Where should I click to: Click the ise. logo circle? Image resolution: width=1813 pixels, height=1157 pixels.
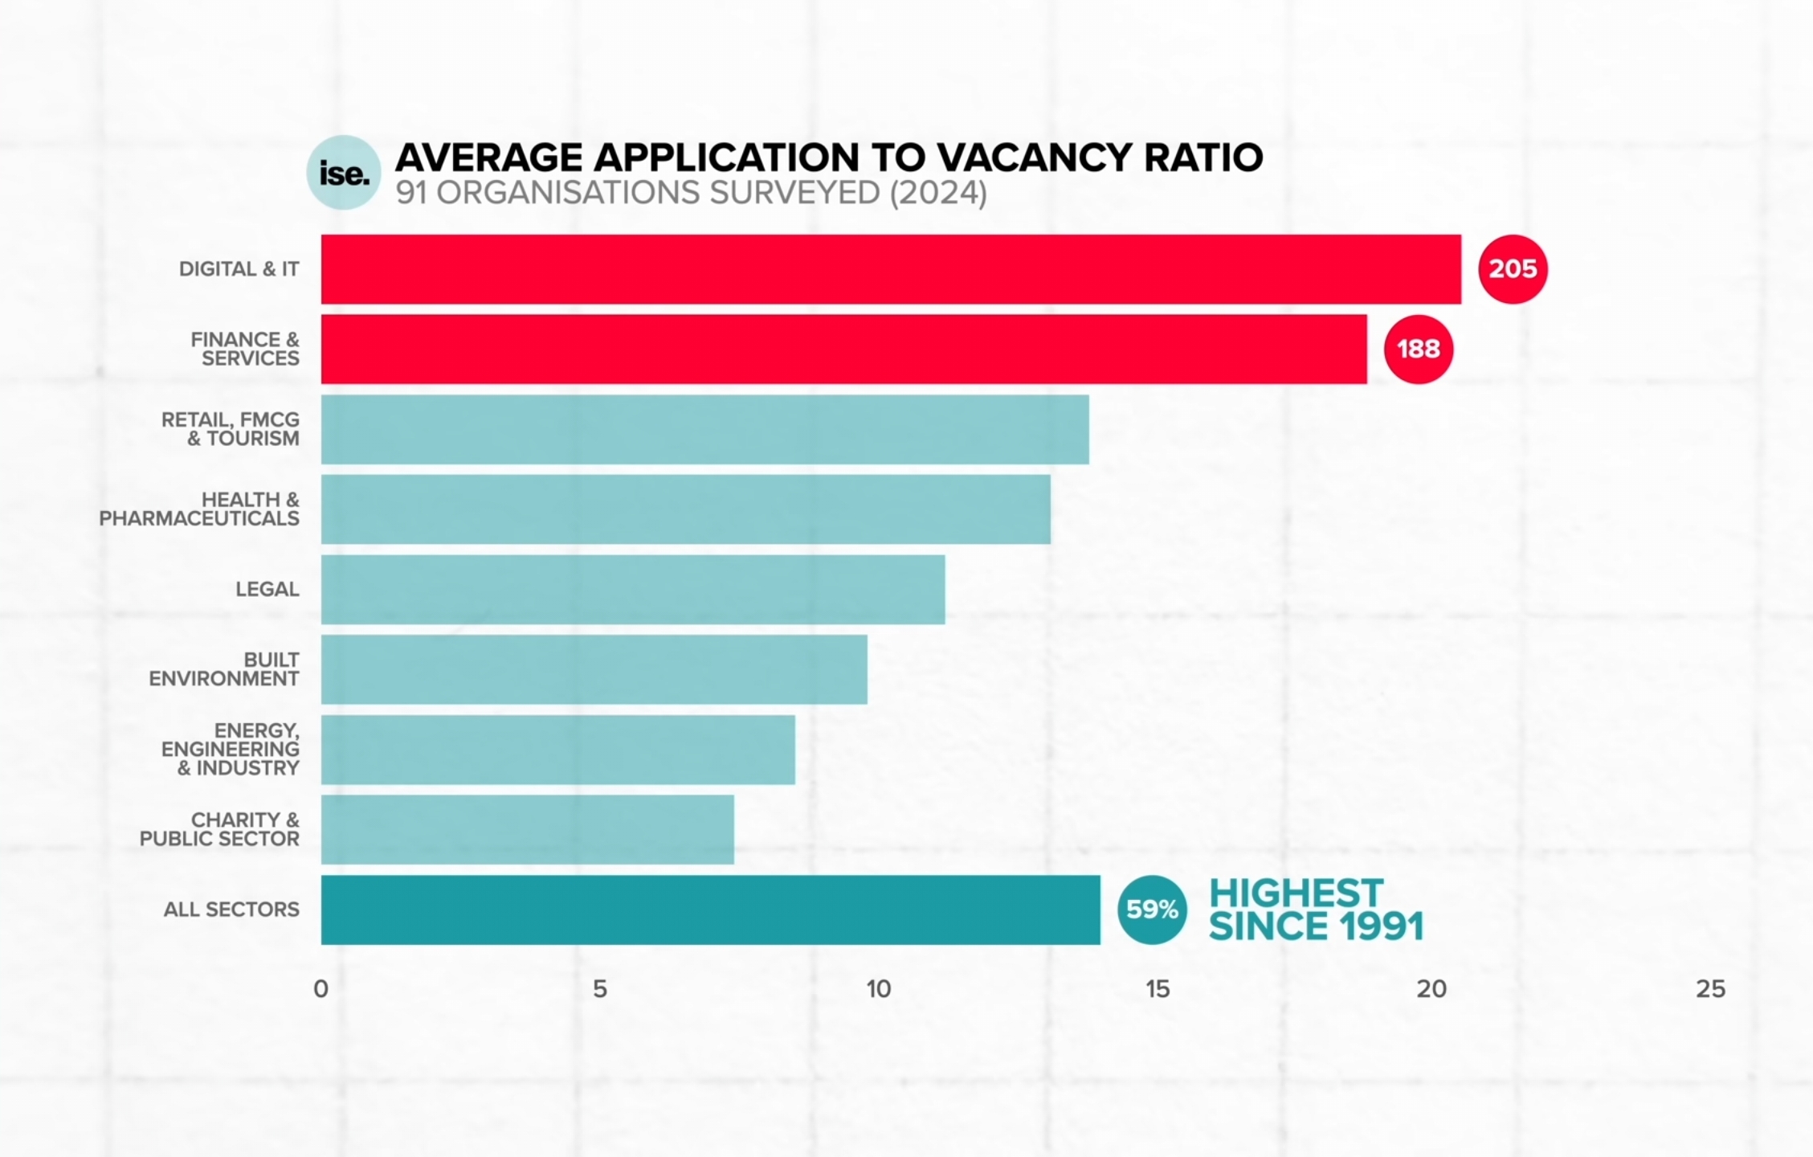[344, 173]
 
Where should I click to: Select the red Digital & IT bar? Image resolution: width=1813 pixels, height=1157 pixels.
[890, 269]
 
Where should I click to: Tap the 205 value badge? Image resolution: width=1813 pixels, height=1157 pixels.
[1513, 269]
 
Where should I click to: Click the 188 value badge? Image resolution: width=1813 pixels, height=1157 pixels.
[1418, 350]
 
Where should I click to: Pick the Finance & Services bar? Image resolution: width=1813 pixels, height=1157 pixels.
[843, 350]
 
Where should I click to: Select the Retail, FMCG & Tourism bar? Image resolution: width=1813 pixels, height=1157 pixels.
[704, 429]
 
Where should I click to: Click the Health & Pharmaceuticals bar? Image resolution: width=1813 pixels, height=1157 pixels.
[685, 509]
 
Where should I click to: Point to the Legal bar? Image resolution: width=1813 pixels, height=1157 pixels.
[632, 589]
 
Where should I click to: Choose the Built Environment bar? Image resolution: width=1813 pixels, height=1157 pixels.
[594, 669]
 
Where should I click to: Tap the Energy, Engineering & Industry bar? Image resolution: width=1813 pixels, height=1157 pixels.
[557, 750]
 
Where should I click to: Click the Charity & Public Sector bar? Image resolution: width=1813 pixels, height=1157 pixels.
[527, 830]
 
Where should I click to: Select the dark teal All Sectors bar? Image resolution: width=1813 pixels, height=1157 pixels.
[710, 910]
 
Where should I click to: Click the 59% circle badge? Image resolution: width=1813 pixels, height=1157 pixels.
[1151, 910]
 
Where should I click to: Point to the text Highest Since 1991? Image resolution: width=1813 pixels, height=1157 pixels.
[1315, 910]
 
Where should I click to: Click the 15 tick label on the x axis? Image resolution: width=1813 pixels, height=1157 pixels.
[1157, 989]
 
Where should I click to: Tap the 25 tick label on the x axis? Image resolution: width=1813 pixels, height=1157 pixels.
[1710, 989]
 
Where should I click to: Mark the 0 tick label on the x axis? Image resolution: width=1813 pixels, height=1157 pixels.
[321, 989]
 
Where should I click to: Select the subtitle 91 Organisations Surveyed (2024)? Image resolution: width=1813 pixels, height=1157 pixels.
[691, 194]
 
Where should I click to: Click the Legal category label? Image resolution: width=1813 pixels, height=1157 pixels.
[267, 590]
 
